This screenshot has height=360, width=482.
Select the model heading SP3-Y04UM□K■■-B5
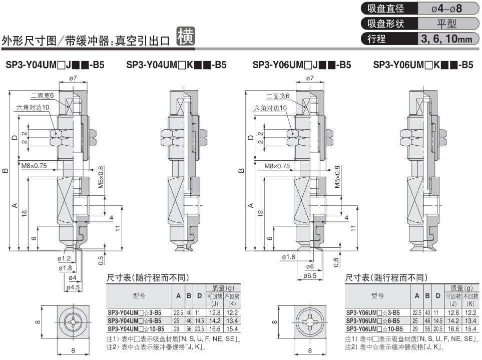pyautogui.click(x=177, y=65)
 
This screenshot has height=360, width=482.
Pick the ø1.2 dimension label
pyautogui.click(x=65, y=258)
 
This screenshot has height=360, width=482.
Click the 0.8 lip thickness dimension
pyautogui.click(x=336, y=259)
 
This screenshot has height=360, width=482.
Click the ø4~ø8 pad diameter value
pyautogui.click(x=446, y=9)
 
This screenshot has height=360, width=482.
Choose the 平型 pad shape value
pyautogui.click(x=446, y=24)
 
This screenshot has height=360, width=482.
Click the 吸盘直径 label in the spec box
pyautogui.click(x=385, y=9)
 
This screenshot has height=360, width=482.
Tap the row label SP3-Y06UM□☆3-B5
pyautogui.click(x=373, y=312)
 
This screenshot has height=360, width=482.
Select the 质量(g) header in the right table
pyautogui.click(x=461, y=288)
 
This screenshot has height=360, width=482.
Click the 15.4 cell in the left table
pyautogui.click(x=232, y=328)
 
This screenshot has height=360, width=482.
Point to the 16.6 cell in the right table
pyautogui.click(x=453, y=328)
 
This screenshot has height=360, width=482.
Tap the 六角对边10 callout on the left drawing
pyautogui.click(x=33, y=108)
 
